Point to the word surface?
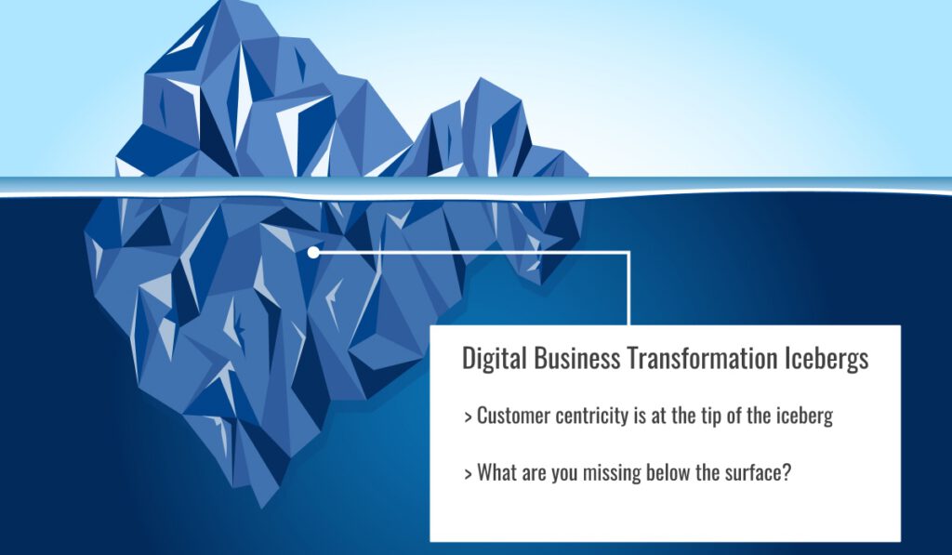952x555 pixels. click(x=759, y=472)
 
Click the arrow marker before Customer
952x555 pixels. click(x=468, y=417)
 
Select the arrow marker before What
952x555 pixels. click(x=468, y=473)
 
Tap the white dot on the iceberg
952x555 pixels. click(x=313, y=252)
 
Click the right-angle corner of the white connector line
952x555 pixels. click(x=629, y=252)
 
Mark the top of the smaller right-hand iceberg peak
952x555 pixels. click(x=482, y=79)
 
